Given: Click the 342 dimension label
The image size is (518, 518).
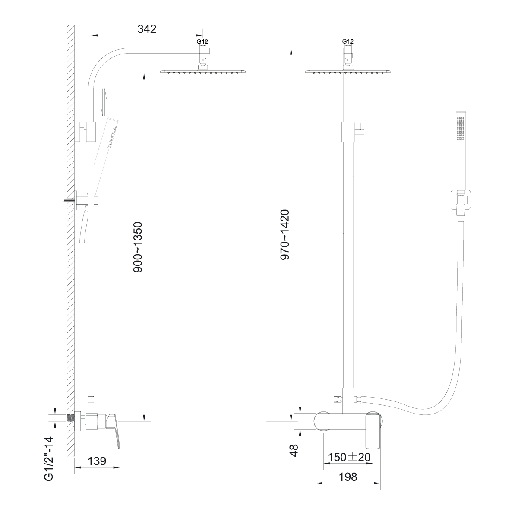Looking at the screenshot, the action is pos(147,29).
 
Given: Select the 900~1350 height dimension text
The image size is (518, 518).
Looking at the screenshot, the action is pos(138,247).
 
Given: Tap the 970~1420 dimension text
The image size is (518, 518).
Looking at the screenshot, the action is pos(285,235).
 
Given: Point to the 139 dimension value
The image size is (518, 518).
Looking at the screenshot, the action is pos(97,461).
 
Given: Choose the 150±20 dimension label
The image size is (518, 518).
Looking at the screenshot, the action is pos(349,457).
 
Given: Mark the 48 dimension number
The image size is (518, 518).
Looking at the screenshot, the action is pos(294,451).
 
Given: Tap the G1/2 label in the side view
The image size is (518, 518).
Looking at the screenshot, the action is pos(202,42).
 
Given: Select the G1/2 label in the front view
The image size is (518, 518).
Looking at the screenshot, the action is pos(348,41).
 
